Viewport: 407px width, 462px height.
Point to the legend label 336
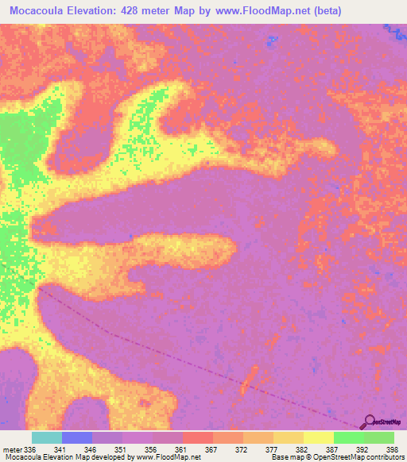coord(30,449)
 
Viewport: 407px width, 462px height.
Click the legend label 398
coord(393,449)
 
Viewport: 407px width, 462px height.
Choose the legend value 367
coord(211,449)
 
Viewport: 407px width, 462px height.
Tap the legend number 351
coord(121,449)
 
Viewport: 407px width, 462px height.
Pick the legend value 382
coord(302,449)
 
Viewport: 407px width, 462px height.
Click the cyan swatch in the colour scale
coord(47,437)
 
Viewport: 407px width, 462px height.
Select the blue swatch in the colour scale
coord(77,437)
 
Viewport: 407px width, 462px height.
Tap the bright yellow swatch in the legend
coord(318,437)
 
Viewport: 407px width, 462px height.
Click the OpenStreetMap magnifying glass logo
coord(370,422)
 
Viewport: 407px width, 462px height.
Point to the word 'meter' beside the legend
coord(12,449)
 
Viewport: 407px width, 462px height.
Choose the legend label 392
coord(362,449)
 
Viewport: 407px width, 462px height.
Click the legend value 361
coord(181,449)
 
